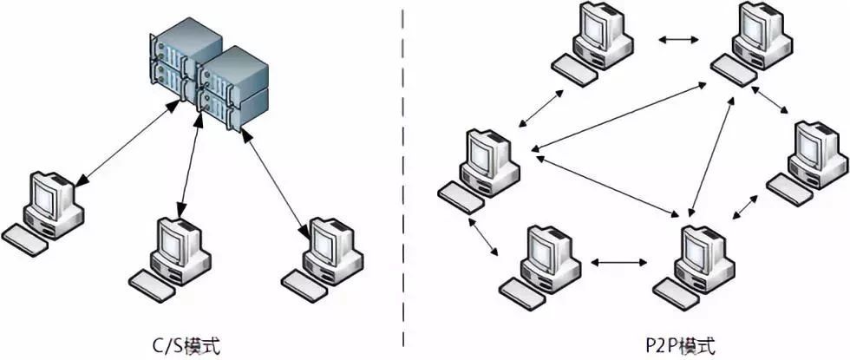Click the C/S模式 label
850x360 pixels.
point(187,345)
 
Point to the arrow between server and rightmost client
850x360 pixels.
point(276,182)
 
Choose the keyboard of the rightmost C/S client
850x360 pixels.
point(306,285)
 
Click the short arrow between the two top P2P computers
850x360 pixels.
point(678,40)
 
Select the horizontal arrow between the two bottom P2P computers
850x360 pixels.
point(618,263)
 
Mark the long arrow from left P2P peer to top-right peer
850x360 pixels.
point(618,115)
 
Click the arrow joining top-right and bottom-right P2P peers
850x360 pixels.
point(712,157)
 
